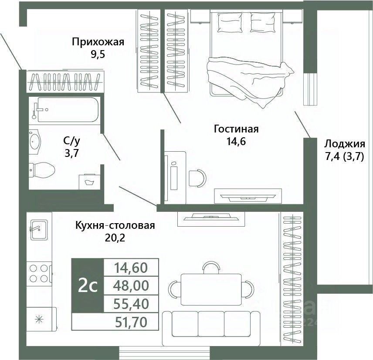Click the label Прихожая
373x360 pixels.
[98, 42]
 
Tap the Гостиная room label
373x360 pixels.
[236, 129]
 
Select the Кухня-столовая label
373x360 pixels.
[115, 226]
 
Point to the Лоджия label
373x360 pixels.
[344, 144]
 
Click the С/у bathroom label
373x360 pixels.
[72, 141]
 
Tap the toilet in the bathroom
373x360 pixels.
[41, 169]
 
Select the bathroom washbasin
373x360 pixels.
[34, 141]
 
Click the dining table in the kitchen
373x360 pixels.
[211, 289]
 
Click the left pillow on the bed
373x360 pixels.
[231, 21]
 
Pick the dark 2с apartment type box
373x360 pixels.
[87, 285]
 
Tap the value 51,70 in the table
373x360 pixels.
[131, 322]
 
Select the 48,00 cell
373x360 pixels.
[131, 285]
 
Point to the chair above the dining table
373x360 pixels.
[211, 267]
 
